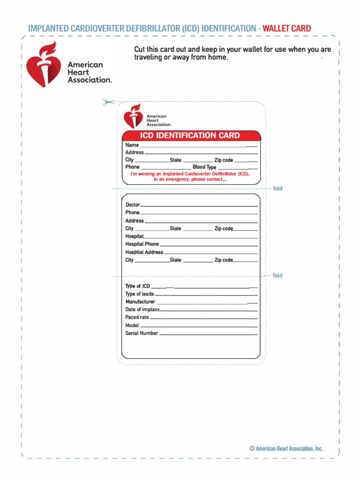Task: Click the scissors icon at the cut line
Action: pyautogui.click(x=108, y=102)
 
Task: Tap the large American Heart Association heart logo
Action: pyautogui.click(x=43, y=64)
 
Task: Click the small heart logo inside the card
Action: pyautogui.click(x=133, y=116)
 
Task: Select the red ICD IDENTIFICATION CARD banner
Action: pyautogui.click(x=191, y=135)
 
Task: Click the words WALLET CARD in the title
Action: pyautogui.click(x=286, y=29)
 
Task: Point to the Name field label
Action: pyautogui.click(x=132, y=145)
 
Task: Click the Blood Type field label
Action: pyautogui.click(x=204, y=167)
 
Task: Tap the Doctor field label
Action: pyautogui.click(x=133, y=205)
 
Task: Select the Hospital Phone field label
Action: pyautogui.click(x=142, y=244)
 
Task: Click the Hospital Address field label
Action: pyautogui.click(x=144, y=252)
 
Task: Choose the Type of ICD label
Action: pyautogui.click(x=137, y=286)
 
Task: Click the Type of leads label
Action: pyautogui.click(x=139, y=294)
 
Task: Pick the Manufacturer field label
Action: pyautogui.click(x=140, y=302)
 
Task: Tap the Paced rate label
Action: pyautogui.click(x=137, y=317)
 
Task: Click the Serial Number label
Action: pyautogui.click(x=142, y=333)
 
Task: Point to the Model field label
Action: pyautogui.click(x=132, y=325)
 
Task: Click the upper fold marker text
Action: pyautogui.click(x=277, y=188)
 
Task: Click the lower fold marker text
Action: pyautogui.click(x=277, y=276)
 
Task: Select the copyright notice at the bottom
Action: pyautogui.click(x=286, y=449)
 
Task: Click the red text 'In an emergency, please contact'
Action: pyautogui.click(x=190, y=180)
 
